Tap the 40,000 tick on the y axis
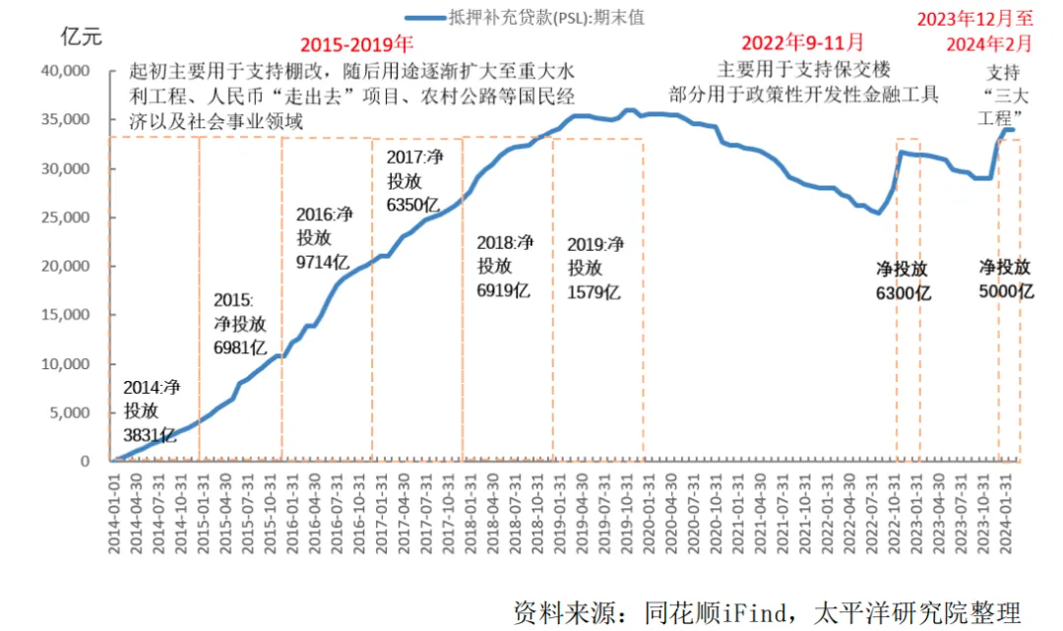pos(64,72)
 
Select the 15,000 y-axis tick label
pos(64,315)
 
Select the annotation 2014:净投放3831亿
pos(151,410)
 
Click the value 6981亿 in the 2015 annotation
pos(241,347)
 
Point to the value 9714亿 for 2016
pos(322,261)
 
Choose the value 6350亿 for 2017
pos(412,205)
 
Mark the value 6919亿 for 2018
pos(503,290)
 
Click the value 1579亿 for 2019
pos(594,291)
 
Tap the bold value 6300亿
pos(904,292)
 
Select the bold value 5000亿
pos(1006,291)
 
